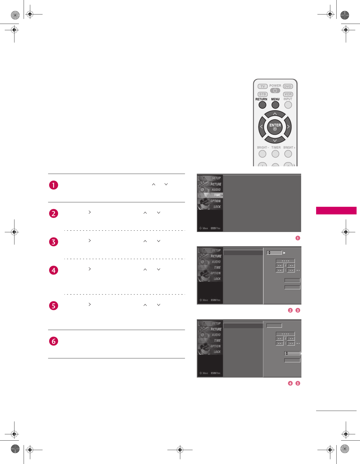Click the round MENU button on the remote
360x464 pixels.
click(275, 105)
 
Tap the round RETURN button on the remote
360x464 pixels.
click(262, 105)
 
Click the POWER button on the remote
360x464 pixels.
click(275, 90)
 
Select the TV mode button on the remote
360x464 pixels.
click(263, 86)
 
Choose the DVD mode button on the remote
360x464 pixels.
click(288, 86)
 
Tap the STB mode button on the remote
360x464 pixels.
click(263, 94)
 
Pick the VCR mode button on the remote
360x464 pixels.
click(288, 94)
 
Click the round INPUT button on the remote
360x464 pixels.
click(288, 105)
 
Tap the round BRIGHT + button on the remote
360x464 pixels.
click(288, 154)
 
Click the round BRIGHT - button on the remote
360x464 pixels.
click(262, 154)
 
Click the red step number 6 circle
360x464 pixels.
click(54, 341)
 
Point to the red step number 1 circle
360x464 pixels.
click(54, 185)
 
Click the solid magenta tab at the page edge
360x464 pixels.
click(336, 210)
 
